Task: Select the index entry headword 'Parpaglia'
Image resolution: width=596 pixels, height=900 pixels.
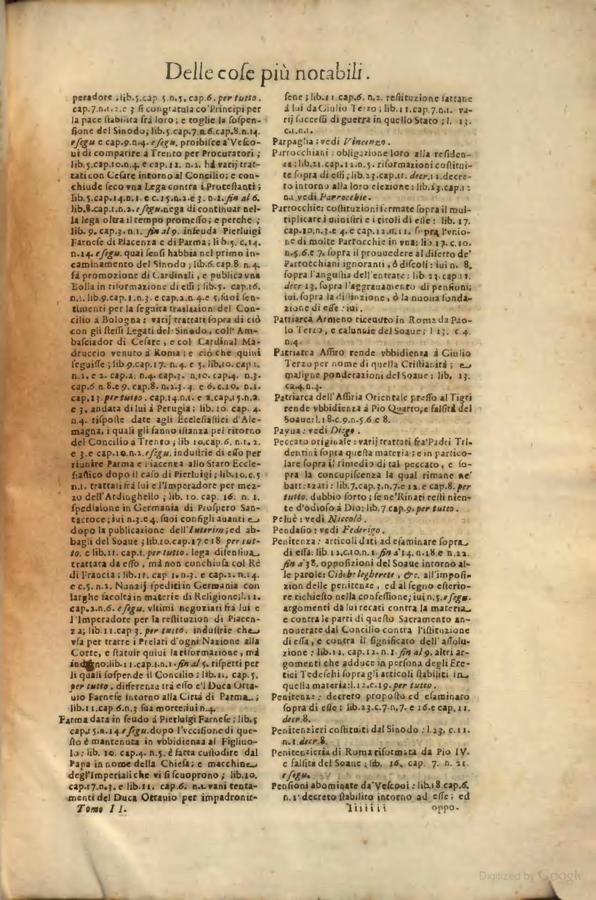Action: [290, 143]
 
